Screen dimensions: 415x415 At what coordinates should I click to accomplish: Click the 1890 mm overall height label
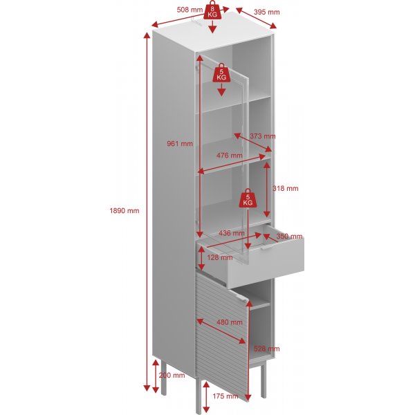(x=124, y=211)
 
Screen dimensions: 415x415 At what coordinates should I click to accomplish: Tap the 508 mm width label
(x=190, y=10)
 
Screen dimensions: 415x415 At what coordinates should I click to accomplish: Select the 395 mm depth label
(x=266, y=12)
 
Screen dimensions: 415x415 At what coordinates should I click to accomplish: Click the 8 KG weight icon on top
(x=212, y=10)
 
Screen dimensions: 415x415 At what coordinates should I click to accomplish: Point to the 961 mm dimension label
(x=180, y=144)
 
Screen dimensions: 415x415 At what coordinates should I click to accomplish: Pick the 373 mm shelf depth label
(x=263, y=136)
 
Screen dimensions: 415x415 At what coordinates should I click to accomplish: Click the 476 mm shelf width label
(x=229, y=156)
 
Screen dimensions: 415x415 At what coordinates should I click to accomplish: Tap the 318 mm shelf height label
(x=285, y=188)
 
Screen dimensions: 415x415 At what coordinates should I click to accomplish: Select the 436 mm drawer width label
(x=232, y=233)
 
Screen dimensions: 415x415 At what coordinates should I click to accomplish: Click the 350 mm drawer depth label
(x=289, y=236)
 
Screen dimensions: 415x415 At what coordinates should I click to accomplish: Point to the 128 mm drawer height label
(x=220, y=257)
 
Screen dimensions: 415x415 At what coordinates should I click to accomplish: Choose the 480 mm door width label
(x=229, y=322)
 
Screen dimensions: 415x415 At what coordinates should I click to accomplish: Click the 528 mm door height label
(x=266, y=349)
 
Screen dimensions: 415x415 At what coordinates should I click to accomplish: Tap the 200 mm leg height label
(x=172, y=375)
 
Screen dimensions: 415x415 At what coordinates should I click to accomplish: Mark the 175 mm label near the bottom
(x=225, y=396)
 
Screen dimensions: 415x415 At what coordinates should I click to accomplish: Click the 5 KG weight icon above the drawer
(x=248, y=198)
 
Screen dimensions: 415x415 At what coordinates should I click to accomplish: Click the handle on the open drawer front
(x=267, y=247)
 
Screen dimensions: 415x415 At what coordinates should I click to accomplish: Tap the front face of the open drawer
(x=266, y=263)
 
